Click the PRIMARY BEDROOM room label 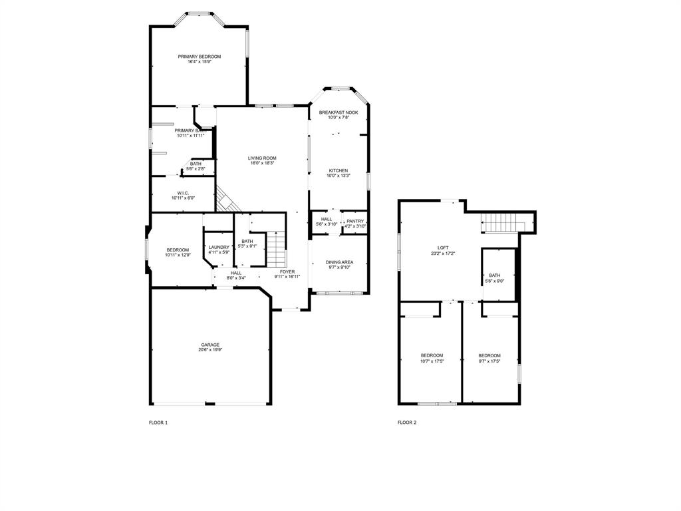coord(200,57)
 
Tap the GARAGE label coord(209,345)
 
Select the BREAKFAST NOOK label coord(339,112)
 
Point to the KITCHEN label coord(339,171)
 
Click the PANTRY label coord(355,221)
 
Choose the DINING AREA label coord(340,262)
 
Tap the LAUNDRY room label coord(219,248)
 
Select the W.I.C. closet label coord(183,192)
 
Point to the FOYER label coord(287,271)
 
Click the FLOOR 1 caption coord(158,423)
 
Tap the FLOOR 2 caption coord(407,423)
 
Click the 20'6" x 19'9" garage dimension coord(209,350)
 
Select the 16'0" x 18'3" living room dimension coord(262,163)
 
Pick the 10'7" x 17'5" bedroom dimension coord(432,361)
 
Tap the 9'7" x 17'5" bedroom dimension coord(489,361)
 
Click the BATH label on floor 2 coord(495,275)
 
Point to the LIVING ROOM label coord(262,158)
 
